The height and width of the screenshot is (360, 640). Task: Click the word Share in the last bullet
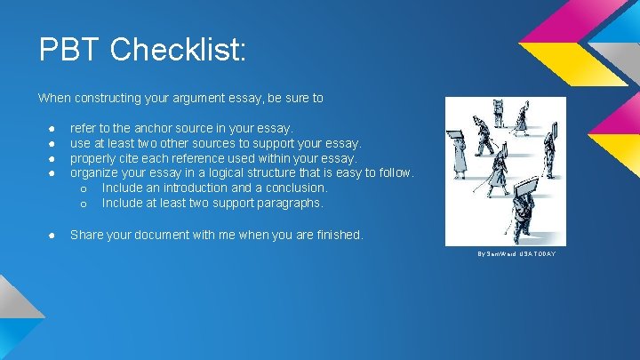86,235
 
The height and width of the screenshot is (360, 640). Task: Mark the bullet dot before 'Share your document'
52,236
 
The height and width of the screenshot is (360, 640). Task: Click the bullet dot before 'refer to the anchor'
52,129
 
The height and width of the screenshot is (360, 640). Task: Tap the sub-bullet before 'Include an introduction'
84,189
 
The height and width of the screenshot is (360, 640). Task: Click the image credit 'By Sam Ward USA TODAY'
516,254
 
